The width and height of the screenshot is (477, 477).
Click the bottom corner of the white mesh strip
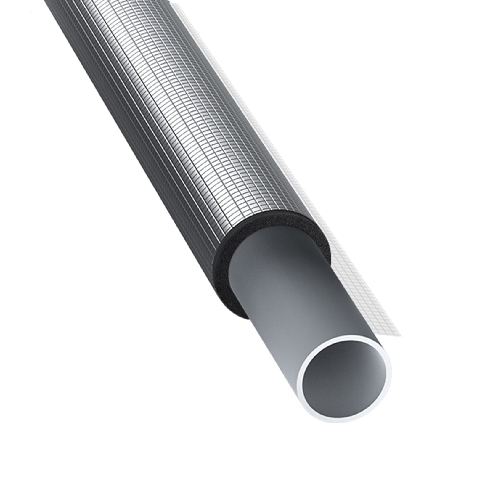click(400, 336)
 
